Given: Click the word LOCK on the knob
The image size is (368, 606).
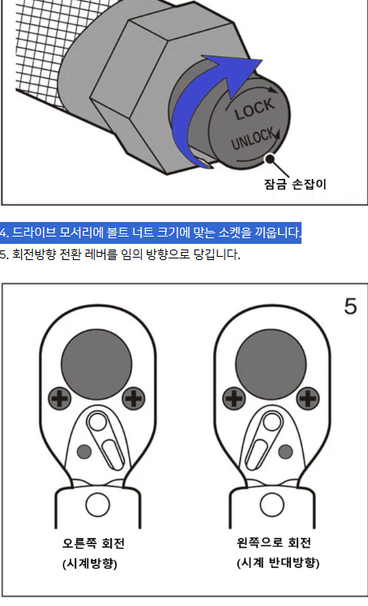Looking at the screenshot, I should click(x=255, y=109).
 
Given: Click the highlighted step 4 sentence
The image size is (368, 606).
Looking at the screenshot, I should click(x=151, y=233).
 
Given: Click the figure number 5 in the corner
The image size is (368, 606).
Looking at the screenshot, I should click(x=350, y=306).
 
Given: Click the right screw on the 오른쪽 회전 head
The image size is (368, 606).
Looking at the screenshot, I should click(x=132, y=398).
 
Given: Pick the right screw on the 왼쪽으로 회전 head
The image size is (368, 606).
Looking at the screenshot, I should click(x=307, y=398).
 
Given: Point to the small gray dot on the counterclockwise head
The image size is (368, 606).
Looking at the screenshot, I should click(x=285, y=450).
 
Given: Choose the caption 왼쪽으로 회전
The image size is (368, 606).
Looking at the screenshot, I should click(x=272, y=543).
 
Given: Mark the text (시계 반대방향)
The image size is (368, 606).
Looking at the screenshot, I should click(x=272, y=563).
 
